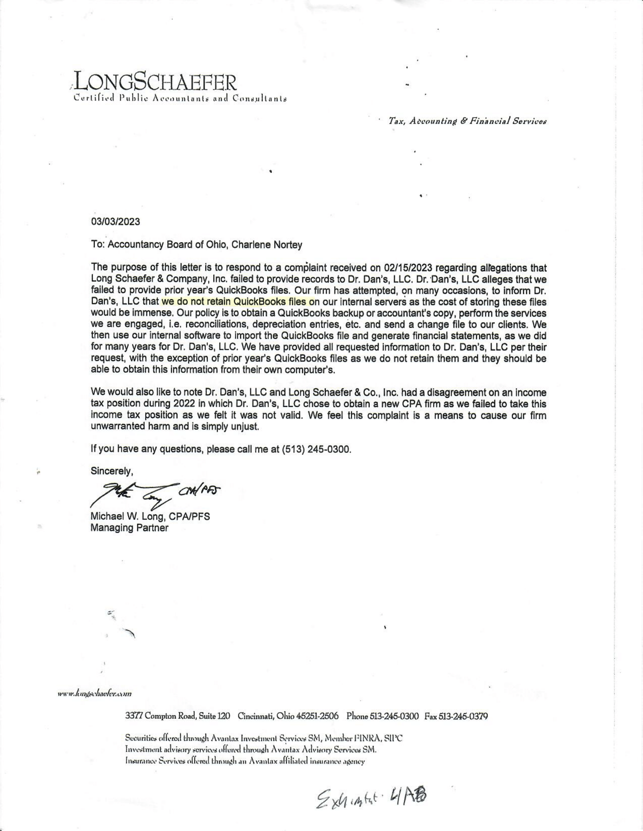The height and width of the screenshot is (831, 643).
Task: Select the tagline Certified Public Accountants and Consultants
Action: click(180, 99)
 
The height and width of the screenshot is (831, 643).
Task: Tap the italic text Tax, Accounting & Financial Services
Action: click(467, 121)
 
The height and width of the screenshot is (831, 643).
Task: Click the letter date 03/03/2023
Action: click(115, 221)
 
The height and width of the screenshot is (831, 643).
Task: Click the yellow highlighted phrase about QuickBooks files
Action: click(238, 302)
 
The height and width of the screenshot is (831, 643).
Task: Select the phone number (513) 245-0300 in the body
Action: click(315, 449)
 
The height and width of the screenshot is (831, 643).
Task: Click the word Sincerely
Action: click(112, 471)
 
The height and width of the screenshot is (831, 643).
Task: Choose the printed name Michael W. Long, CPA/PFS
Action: click(150, 517)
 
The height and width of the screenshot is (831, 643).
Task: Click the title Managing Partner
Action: click(129, 528)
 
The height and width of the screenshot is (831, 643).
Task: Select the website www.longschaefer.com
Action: click(95, 694)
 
